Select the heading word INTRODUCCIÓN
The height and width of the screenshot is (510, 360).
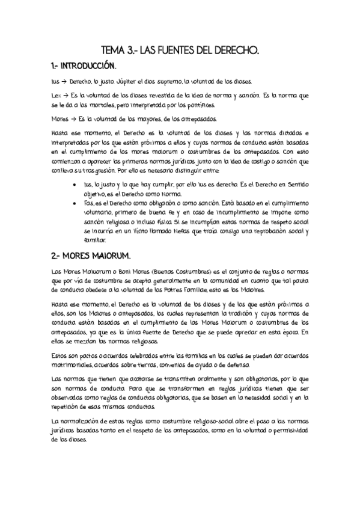coord(90,65)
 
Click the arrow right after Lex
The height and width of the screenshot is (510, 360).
coord(64,96)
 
